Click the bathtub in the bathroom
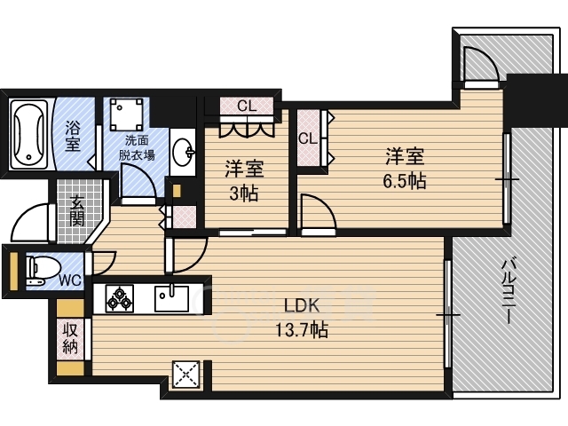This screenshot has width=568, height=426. (29, 134)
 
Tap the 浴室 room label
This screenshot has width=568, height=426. (72, 136)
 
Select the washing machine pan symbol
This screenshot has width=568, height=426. (125, 114)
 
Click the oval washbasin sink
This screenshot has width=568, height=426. (184, 152)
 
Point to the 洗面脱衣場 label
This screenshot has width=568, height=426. (137, 147)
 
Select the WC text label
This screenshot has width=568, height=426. (70, 280)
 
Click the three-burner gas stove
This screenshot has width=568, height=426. (119, 298)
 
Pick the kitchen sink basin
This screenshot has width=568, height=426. (171, 298)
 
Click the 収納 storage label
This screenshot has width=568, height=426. (70, 339)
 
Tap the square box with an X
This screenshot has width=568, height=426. (185, 375)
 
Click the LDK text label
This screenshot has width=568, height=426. (302, 306)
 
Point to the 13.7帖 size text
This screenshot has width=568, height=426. (302, 330)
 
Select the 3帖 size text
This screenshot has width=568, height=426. (244, 194)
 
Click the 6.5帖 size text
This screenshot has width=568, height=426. (405, 181)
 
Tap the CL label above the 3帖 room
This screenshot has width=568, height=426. (247, 106)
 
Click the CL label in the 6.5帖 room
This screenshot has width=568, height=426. (308, 138)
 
